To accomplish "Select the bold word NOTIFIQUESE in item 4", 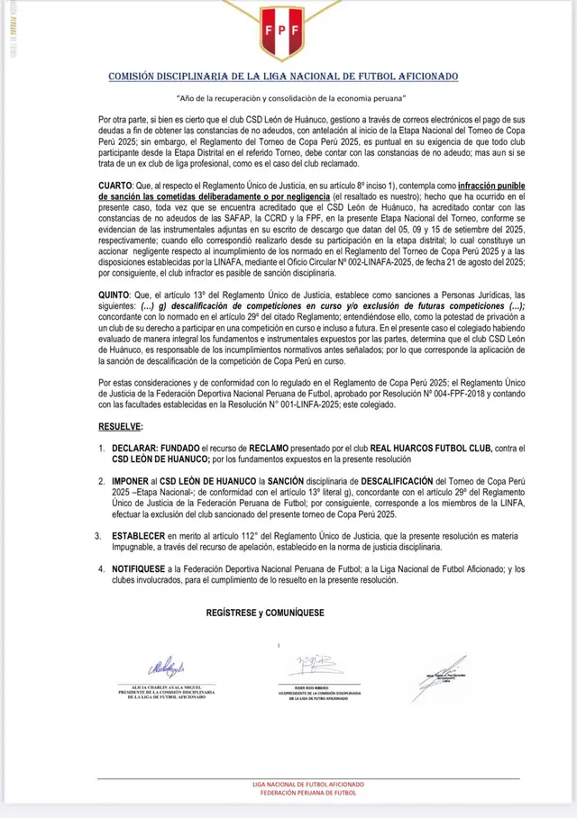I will [x=145, y=570].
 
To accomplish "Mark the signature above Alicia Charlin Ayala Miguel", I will [x=167, y=668].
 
